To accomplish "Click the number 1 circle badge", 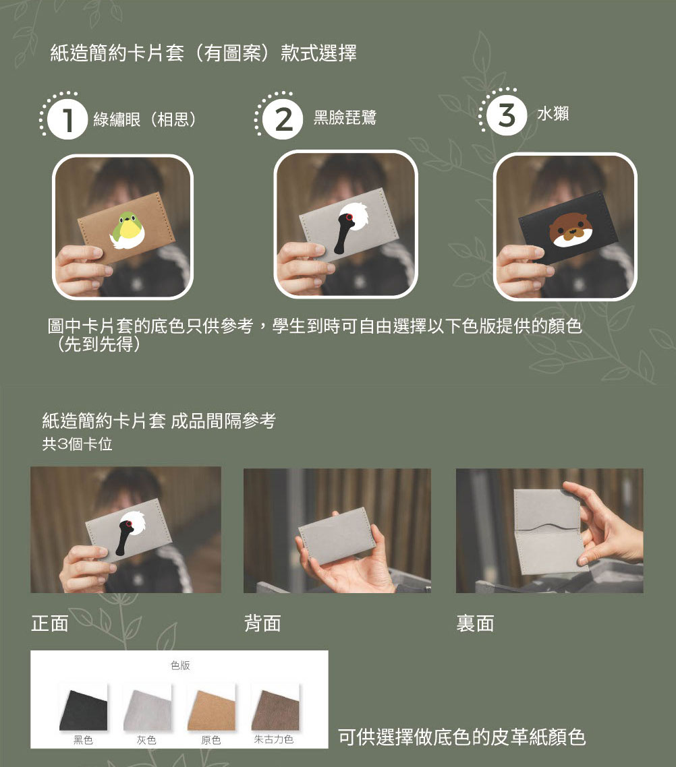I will pyautogui.click(x=67, y=120).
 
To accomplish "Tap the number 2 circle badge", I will pyautogui.click(x=284, y=120).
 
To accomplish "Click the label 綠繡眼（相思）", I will pyautogui.click(x=145, y=120).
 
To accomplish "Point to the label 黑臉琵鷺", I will pyautogui.click(x=345, y=118).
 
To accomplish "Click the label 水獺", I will pyautogui.click(x=553, y=114).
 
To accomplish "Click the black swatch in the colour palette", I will pyautogui.click(x=83, y=707).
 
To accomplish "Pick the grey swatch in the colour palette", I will pyautogui.click(x=147, y=707).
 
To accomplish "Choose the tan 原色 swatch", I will pyautogui.click(x=211, y=707).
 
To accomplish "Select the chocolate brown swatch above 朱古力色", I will pyautogui.click(x=275, y=707).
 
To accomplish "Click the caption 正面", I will pyautogui.click(x=50, y=623).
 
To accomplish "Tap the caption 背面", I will pyautogui.click(x=262, y=623).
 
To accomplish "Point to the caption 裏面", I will pyautogui.click(x=475, y=623).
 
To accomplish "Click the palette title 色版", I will pyautogui.click(x=179, y=665).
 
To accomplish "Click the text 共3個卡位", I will pyautogui.click(x=77, y=445).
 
